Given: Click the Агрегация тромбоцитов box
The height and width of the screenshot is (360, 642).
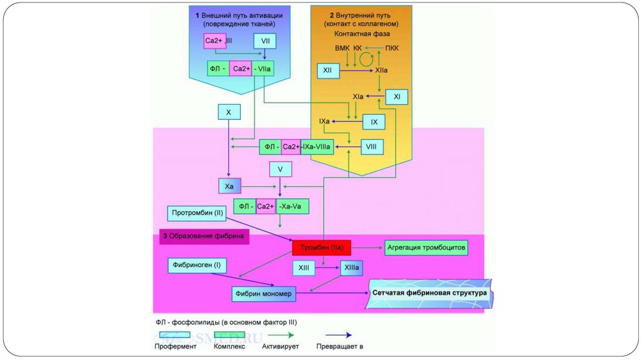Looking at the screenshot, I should pos(426,248).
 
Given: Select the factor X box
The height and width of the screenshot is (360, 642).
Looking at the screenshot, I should pos(229,112).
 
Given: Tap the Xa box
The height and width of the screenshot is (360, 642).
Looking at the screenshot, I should pos(229,186).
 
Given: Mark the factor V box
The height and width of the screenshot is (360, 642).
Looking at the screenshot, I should pos(280,169).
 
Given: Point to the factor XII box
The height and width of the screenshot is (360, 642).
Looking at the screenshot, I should pos(327,71).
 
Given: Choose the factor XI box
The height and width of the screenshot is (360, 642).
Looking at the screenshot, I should pos(397,97).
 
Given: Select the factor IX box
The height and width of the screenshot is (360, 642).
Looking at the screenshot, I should pos(374,122).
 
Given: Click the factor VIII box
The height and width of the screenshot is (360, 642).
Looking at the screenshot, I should pos(371,147).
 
